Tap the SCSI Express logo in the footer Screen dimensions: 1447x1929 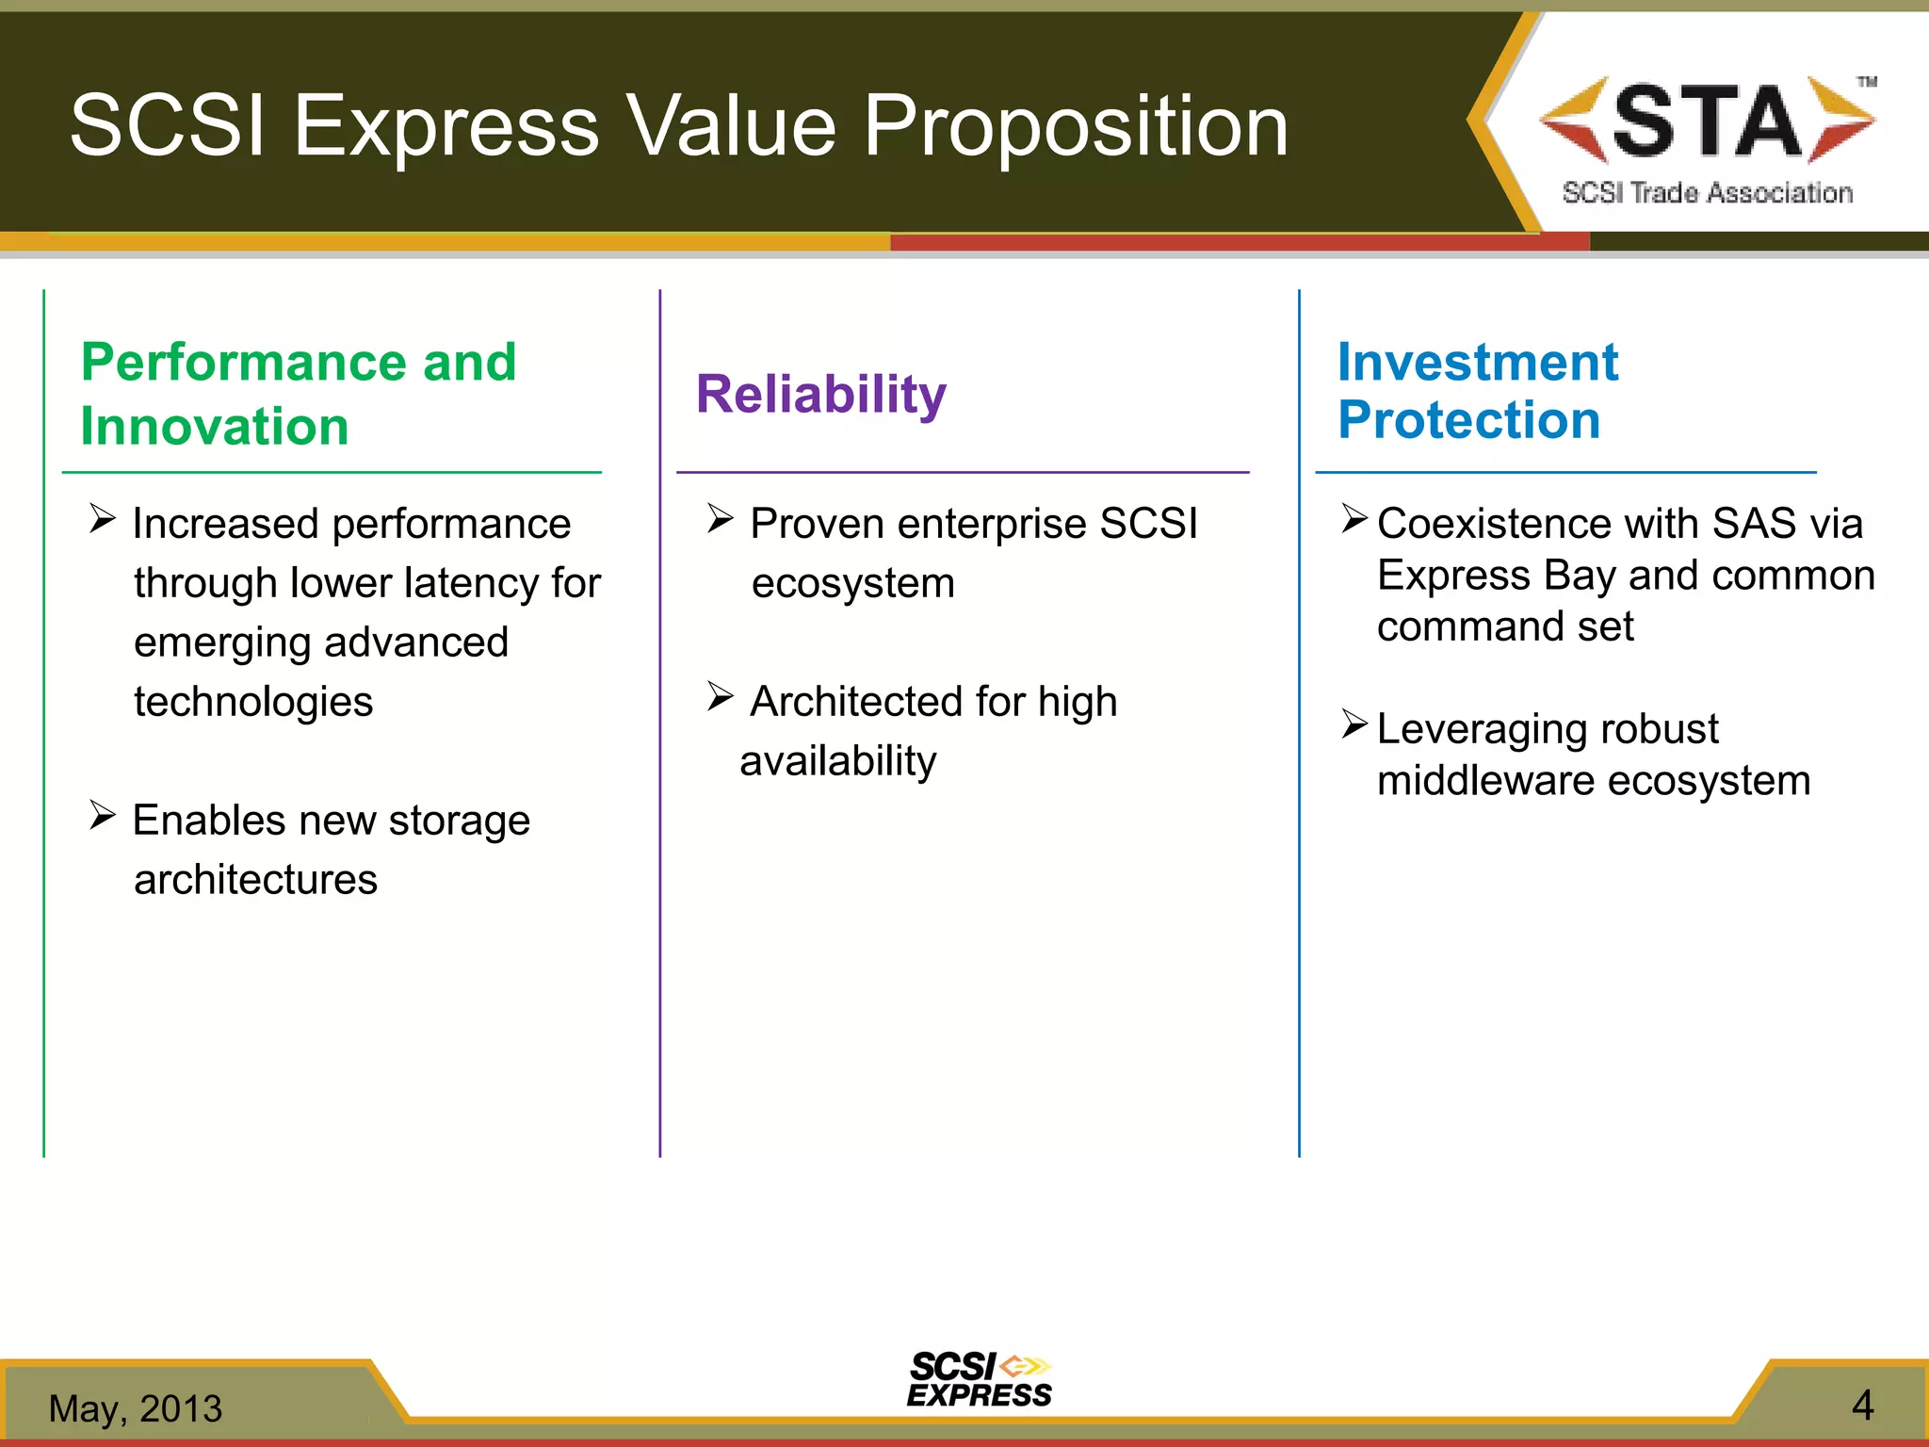[x=980, y=1380]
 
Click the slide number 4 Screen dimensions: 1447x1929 [x=1862, y=1406]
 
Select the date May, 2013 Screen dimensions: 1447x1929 [x=136, y=1408]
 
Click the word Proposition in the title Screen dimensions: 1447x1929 [x=1076, y=126]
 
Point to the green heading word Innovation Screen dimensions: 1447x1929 [x=215, y=426]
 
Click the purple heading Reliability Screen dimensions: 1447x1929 [x=820, y=394]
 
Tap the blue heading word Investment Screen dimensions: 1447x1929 [x=1477, y=363]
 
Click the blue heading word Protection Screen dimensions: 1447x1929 [x=1468, y=420]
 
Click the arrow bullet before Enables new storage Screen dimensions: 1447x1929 [x=103, y=814]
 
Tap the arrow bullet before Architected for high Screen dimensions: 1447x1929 [x=721, y=696]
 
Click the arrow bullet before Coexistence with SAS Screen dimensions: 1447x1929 [x=1354, y=517]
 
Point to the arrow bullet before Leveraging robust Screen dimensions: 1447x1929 [x=1354, y=723]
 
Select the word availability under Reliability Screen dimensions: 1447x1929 [x=838, y=761]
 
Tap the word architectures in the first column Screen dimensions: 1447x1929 [x=255, y=880]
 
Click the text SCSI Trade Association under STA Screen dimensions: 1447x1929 [x=1707, y=193]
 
